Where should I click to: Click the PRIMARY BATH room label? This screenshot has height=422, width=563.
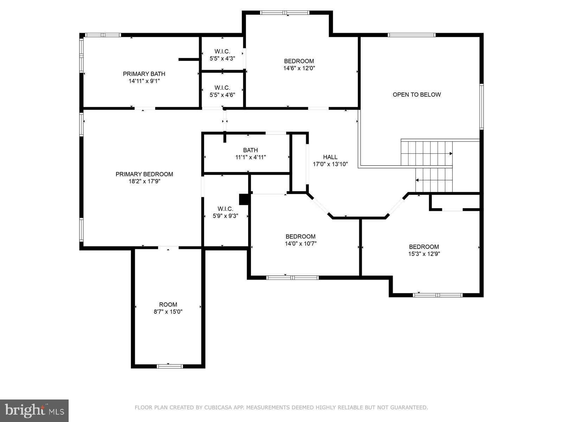click(144, 74)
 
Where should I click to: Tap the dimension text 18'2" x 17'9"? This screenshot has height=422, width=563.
click(144, 181)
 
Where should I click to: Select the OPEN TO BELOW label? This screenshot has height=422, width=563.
click(417, 95)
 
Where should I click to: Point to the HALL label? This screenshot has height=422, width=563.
click(330, 157)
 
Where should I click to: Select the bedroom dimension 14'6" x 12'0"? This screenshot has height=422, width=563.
click(299, 68)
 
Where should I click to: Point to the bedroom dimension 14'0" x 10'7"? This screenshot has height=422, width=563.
click(301, 243)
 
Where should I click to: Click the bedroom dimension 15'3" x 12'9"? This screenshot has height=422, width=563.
click(424, 254)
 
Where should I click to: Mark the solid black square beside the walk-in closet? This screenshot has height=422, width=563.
click(244, 199)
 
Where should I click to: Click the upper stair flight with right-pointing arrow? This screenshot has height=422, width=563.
click(426, 153)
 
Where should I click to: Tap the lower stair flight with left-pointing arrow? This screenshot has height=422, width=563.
click(434, 180)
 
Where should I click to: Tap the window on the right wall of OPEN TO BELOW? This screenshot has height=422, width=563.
click(481, 107)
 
